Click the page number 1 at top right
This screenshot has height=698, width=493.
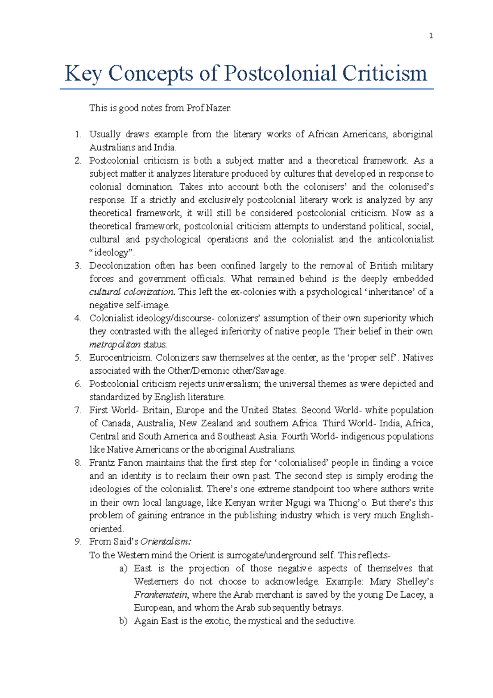pos(431,36)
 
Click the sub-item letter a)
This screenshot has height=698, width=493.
pos(123,569)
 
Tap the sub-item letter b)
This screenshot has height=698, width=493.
pos(123,621)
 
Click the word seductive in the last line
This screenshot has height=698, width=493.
pos(335,621)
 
